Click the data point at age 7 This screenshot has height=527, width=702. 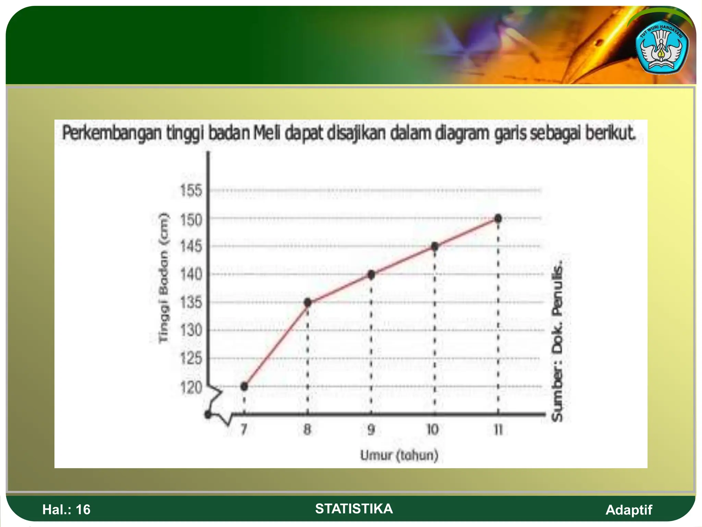pos(244,386)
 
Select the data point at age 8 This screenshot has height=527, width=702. pos(307,302)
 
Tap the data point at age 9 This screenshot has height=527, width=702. pos(371,274)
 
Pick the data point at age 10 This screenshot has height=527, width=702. pos(435,246)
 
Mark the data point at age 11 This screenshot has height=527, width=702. pos(498,218)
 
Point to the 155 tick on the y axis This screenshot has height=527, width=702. pos(191,190)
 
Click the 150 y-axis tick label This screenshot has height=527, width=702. pos(191,220)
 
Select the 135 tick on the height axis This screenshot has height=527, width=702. pos(191,303)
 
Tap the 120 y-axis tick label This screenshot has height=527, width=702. pos(191,388)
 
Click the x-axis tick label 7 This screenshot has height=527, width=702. pos(244,430)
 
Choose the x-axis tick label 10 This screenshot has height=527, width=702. pos(433,430)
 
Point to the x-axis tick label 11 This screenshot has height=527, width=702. pos(498,430)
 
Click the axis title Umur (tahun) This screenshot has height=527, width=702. pos(399,455)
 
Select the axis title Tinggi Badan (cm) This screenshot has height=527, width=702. pos(164,278)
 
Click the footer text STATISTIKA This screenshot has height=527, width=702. pos(354,508)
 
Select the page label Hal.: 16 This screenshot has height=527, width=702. pos(66,510)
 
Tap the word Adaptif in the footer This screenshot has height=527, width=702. pos(629,510)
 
